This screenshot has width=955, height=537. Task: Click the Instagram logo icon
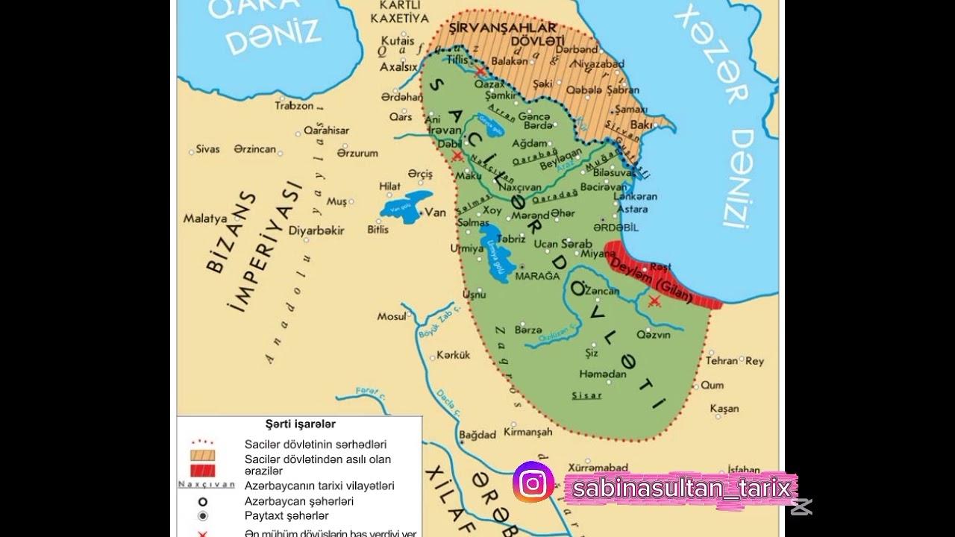533,483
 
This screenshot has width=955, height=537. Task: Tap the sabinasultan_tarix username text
680,489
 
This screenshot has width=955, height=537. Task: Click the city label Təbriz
511,239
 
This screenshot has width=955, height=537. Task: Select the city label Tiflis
457,59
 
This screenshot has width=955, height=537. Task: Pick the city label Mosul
392,316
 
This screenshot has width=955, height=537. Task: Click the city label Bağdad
477,434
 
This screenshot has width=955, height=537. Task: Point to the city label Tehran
721,360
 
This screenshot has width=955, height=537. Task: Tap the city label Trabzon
294,106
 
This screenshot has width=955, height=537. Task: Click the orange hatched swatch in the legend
202,455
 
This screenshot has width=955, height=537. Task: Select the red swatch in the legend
202,471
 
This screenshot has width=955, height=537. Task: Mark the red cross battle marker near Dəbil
457,155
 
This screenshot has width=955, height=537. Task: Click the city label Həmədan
602,374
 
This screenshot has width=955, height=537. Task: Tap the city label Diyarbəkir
316,230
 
